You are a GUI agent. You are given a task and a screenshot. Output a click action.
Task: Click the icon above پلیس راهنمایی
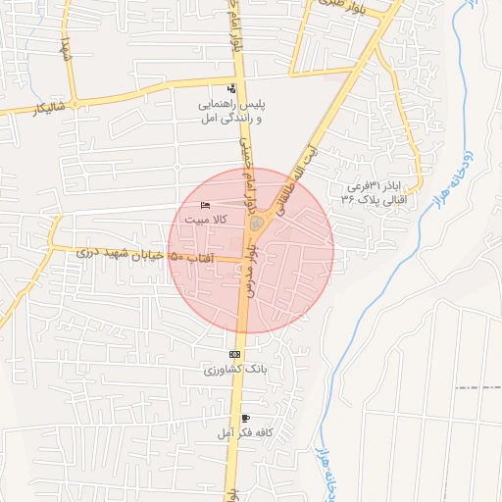[231, 89]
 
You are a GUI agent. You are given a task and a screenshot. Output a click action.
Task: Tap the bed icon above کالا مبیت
[204, 205]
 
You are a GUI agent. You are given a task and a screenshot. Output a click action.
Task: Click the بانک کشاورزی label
[235, 369]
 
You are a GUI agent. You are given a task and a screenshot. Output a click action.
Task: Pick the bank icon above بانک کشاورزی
[234, 354]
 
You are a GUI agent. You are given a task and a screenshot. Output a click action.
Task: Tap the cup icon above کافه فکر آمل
[231, 419]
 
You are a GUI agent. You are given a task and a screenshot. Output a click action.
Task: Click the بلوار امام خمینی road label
[246, 167]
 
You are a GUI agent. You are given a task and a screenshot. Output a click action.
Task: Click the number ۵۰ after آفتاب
[176, 256]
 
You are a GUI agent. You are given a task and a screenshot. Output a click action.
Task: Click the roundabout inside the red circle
[257, 226]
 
